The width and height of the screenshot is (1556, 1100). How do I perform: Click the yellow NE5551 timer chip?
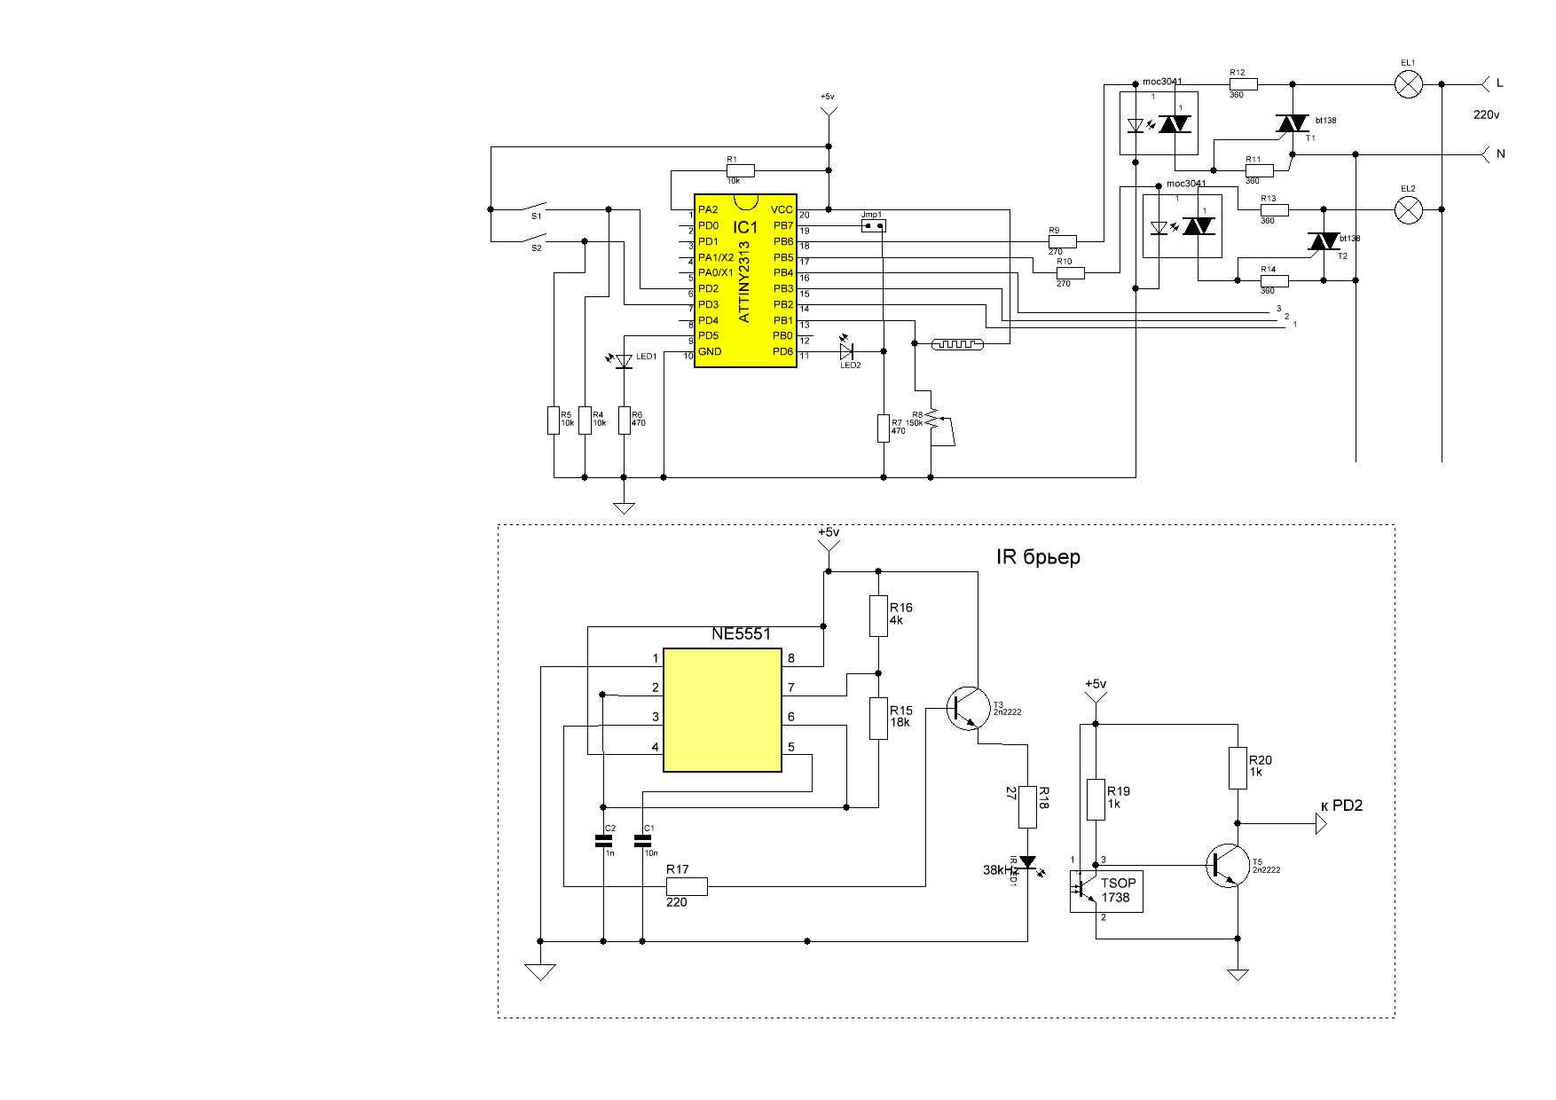pos(722,709)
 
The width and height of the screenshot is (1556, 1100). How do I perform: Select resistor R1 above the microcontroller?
pos(740,170)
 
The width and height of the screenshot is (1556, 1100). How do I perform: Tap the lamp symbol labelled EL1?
pos(1408,85)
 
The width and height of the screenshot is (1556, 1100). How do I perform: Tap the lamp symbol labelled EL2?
pos(1408,210)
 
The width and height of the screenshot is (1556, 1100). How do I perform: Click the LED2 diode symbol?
pos(845,352)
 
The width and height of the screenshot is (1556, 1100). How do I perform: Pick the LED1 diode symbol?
pos(624,360)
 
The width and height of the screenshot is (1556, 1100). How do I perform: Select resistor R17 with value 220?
pos(688,885)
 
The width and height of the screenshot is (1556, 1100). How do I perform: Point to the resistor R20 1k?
pos(1238,768)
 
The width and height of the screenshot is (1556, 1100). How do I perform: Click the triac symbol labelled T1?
pos(1293,125)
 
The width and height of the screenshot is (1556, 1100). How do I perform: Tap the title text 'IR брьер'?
pos(1039,557)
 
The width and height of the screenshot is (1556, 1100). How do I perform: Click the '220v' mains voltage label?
pos(1486,115)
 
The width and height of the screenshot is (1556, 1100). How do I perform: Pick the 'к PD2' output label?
pos(1341,805)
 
